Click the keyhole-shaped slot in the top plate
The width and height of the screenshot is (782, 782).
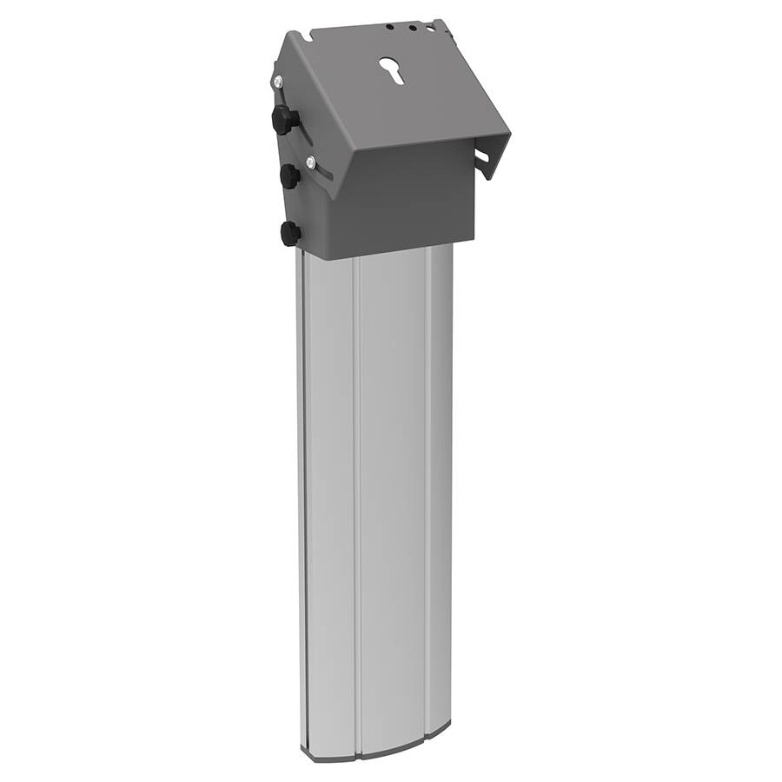coord(394,71)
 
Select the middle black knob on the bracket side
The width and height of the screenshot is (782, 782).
coord(288,176)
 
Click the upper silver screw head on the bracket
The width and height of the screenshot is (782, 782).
coord(277,82)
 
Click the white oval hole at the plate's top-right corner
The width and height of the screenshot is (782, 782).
coord(431,29)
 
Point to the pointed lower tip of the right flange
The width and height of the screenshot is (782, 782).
coord(490,177)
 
